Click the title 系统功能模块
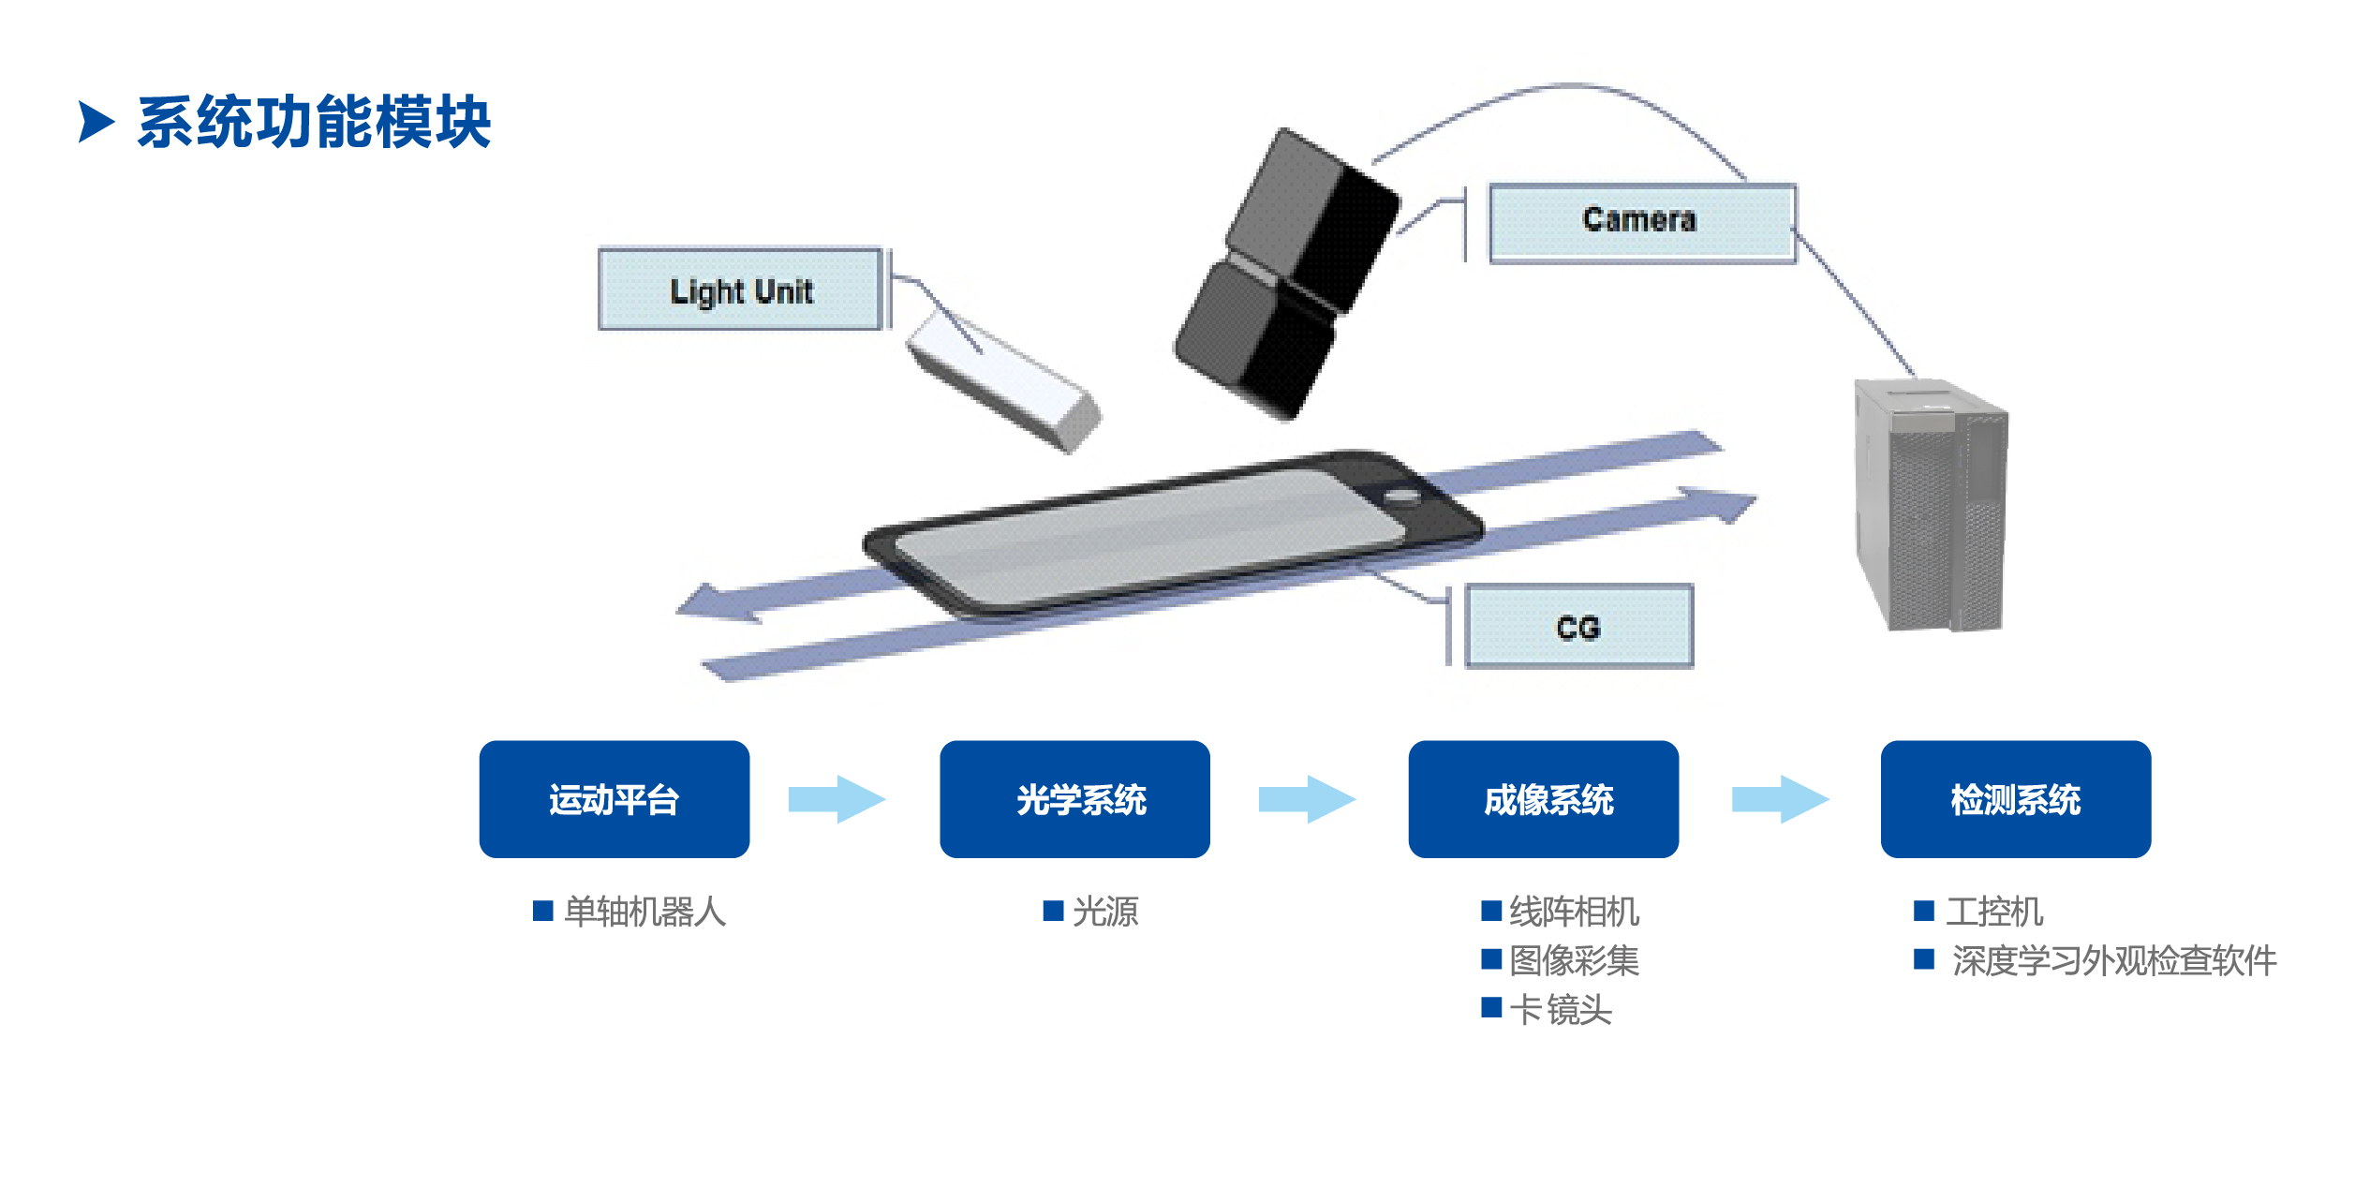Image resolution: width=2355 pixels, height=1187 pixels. point(314,122)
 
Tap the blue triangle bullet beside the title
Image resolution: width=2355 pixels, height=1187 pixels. point(96,122)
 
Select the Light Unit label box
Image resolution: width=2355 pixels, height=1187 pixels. point(740,289)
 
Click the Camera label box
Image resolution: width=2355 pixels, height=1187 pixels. point(1641,223)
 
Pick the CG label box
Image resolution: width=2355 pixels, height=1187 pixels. point(1578,626)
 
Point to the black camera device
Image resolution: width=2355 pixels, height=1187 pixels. point(1288,276)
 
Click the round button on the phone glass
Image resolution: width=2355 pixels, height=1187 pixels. point(1402,497)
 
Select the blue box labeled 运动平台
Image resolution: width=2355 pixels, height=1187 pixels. point(614,799)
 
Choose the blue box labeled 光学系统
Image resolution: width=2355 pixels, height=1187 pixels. point(1074,799)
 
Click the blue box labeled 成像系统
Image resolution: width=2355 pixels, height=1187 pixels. point(1543,799)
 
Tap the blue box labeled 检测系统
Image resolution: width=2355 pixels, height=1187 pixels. point(2015,799)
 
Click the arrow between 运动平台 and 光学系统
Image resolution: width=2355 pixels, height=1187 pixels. point(837,799)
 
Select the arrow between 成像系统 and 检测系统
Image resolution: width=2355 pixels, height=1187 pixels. point(1780,799)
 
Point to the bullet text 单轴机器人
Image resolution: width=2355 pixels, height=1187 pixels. point(644,911)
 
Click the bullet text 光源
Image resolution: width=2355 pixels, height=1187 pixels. point(1105,911)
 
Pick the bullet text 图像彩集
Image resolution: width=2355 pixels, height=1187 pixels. point(1574,960)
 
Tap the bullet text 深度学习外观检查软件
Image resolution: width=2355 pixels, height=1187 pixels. point(2113,960)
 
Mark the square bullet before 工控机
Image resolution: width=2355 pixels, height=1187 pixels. point(1924,911)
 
